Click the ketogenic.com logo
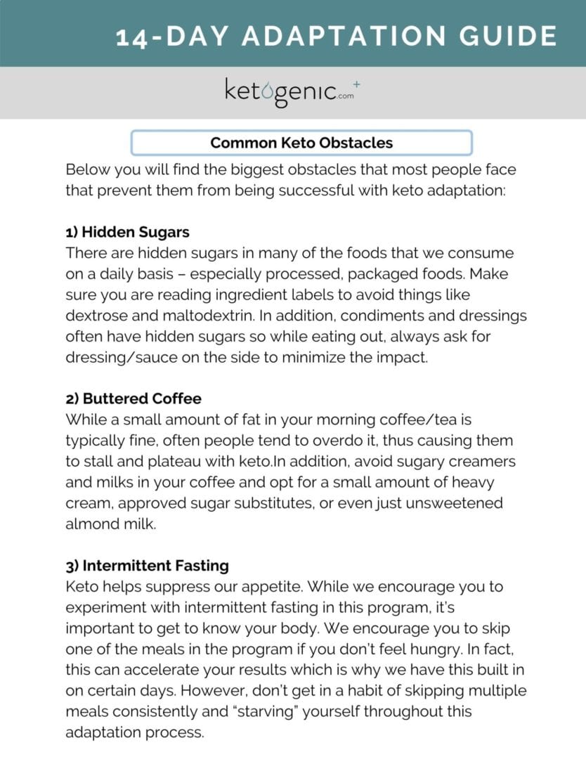coord(288,93)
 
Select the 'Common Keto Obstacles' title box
coord(301,143)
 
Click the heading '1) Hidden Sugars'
coord(127,232)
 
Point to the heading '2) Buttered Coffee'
coord(134,398)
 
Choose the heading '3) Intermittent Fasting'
coord(147,565)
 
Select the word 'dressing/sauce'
coord(117,357)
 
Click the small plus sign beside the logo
coord(357,84)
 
